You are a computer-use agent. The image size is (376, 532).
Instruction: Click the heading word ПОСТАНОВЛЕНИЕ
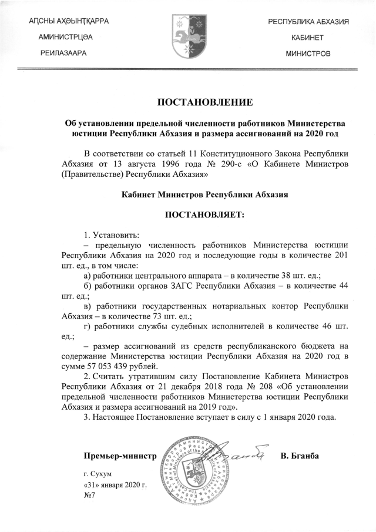pyautogui.click(x=204, y=103)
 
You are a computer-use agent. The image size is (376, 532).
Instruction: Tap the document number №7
pyautogui.click(x=89, y=495)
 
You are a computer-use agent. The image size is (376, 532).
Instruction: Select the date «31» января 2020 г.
pyautogui.click(x=115, y=484)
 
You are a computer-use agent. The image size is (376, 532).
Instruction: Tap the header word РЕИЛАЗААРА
pyautogui.click(x=63, y=53)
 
